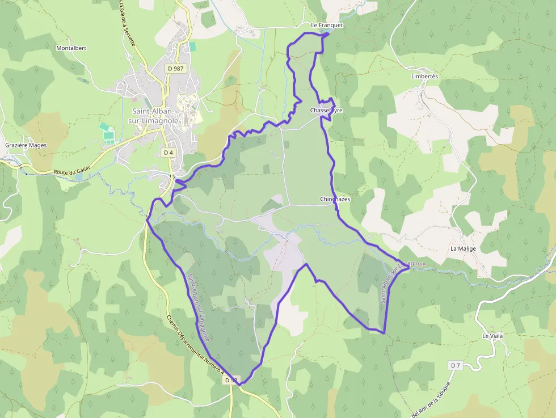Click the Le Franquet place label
pyautogui.click(x=327, y=26)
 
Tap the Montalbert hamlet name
pyautogui.click(x=71, y=48)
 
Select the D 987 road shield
pyautogui.click(x=176, y=68)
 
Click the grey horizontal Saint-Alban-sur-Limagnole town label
pyautogui.click(x=155, y=116)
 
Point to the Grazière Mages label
pyautogui.click(x=26, y=145)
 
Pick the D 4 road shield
pyautogui.click(x=168, y=153)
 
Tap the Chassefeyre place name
pyautogui.click(x=326, y=110)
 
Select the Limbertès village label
pyautogui.click(x=425, y=76)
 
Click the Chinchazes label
pyautogui.click(x=335, y=199)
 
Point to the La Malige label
pyautogui.click(x=463, y=248)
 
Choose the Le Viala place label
pyautogui.click(x=492, y=336)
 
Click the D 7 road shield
pyautogui.click(x=455, y=365)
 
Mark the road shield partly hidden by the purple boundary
pyautogui.click(x=231, y=380)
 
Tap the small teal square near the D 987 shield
pyautogui.click(x=192, y=47)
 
